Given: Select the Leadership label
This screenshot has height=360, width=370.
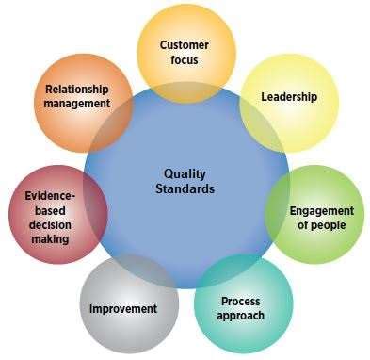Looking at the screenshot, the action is click(288, 97).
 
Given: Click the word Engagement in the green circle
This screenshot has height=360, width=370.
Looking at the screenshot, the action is click(322, 210).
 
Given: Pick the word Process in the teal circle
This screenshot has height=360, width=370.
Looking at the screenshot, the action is click(241, 301).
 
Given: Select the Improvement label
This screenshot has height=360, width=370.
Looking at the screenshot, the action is click(122, 309).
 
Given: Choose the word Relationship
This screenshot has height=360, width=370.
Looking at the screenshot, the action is click(77, 90).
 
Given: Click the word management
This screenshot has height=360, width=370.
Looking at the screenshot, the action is click(77, 104).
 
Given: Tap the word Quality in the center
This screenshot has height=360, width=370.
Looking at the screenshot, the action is click(185, 173).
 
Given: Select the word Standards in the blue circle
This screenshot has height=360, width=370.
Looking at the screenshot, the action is click(185, 188).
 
